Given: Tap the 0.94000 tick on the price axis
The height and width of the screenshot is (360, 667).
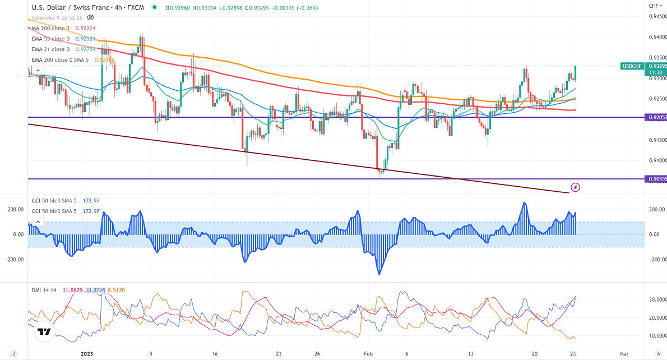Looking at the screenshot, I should tap(656, 37).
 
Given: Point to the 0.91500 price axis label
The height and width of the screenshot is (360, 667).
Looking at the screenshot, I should tap(656, 140).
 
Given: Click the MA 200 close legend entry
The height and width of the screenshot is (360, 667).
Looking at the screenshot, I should tap(51, 28).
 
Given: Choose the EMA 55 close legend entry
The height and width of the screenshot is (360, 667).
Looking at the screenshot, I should tap(51, 39).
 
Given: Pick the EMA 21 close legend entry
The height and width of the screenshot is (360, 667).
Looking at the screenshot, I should tap(51, 49).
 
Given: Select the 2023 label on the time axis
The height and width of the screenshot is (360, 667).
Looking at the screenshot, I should tap(86, 354).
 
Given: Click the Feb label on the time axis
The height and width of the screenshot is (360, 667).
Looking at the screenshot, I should tap(368, 354).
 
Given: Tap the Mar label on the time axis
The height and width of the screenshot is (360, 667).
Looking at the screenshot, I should tap(623, 354).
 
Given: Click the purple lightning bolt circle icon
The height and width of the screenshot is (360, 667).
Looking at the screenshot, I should tap(575, 187).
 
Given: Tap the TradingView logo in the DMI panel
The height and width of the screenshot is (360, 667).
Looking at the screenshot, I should tap(44, 332).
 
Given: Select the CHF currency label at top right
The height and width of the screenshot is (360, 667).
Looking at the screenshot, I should tap(654, 6).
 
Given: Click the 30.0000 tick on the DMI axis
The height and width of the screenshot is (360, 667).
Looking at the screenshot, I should tap(656, 300).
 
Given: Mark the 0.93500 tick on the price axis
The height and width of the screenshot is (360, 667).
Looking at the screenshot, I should tap(656, 58).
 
